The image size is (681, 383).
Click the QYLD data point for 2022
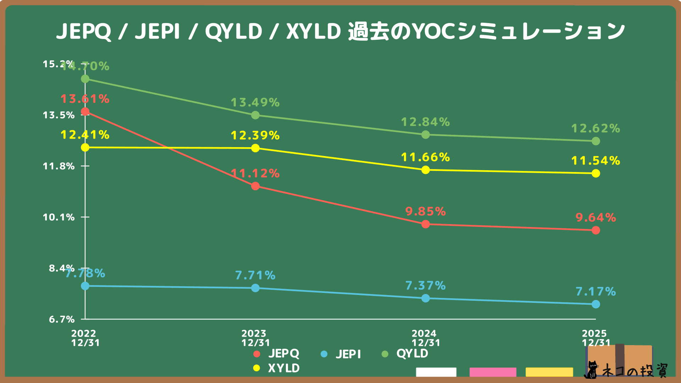[x=85, y=79]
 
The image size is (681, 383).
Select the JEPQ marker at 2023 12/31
[x=255, y=186]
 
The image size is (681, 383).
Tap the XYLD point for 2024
[x=426, y=170]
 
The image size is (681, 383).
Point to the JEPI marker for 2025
[x=596, y=304]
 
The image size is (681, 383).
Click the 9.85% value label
[x=425, y=211]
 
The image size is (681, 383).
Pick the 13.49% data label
[x=255, y=102]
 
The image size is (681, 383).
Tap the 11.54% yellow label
[x=596, y=161]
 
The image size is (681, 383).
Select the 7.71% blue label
[x=255, y=275]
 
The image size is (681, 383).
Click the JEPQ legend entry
[x=277, y=354]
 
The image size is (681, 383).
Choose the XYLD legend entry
[x=277, y=368]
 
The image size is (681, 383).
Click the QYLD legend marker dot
[x=385, y=354]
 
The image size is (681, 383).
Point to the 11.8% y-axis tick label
[x=59, y=166]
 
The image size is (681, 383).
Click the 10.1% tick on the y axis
[x=59, y=217]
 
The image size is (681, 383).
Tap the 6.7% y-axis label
[x=62, y=319]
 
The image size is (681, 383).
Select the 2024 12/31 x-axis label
[x=426, y=338]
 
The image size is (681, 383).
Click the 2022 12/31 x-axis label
[x=85, y=338]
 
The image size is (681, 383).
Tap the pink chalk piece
[x=493, y=372]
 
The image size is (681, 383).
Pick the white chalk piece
[x=436, y=372]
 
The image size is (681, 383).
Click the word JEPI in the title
[x=157, y=31]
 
